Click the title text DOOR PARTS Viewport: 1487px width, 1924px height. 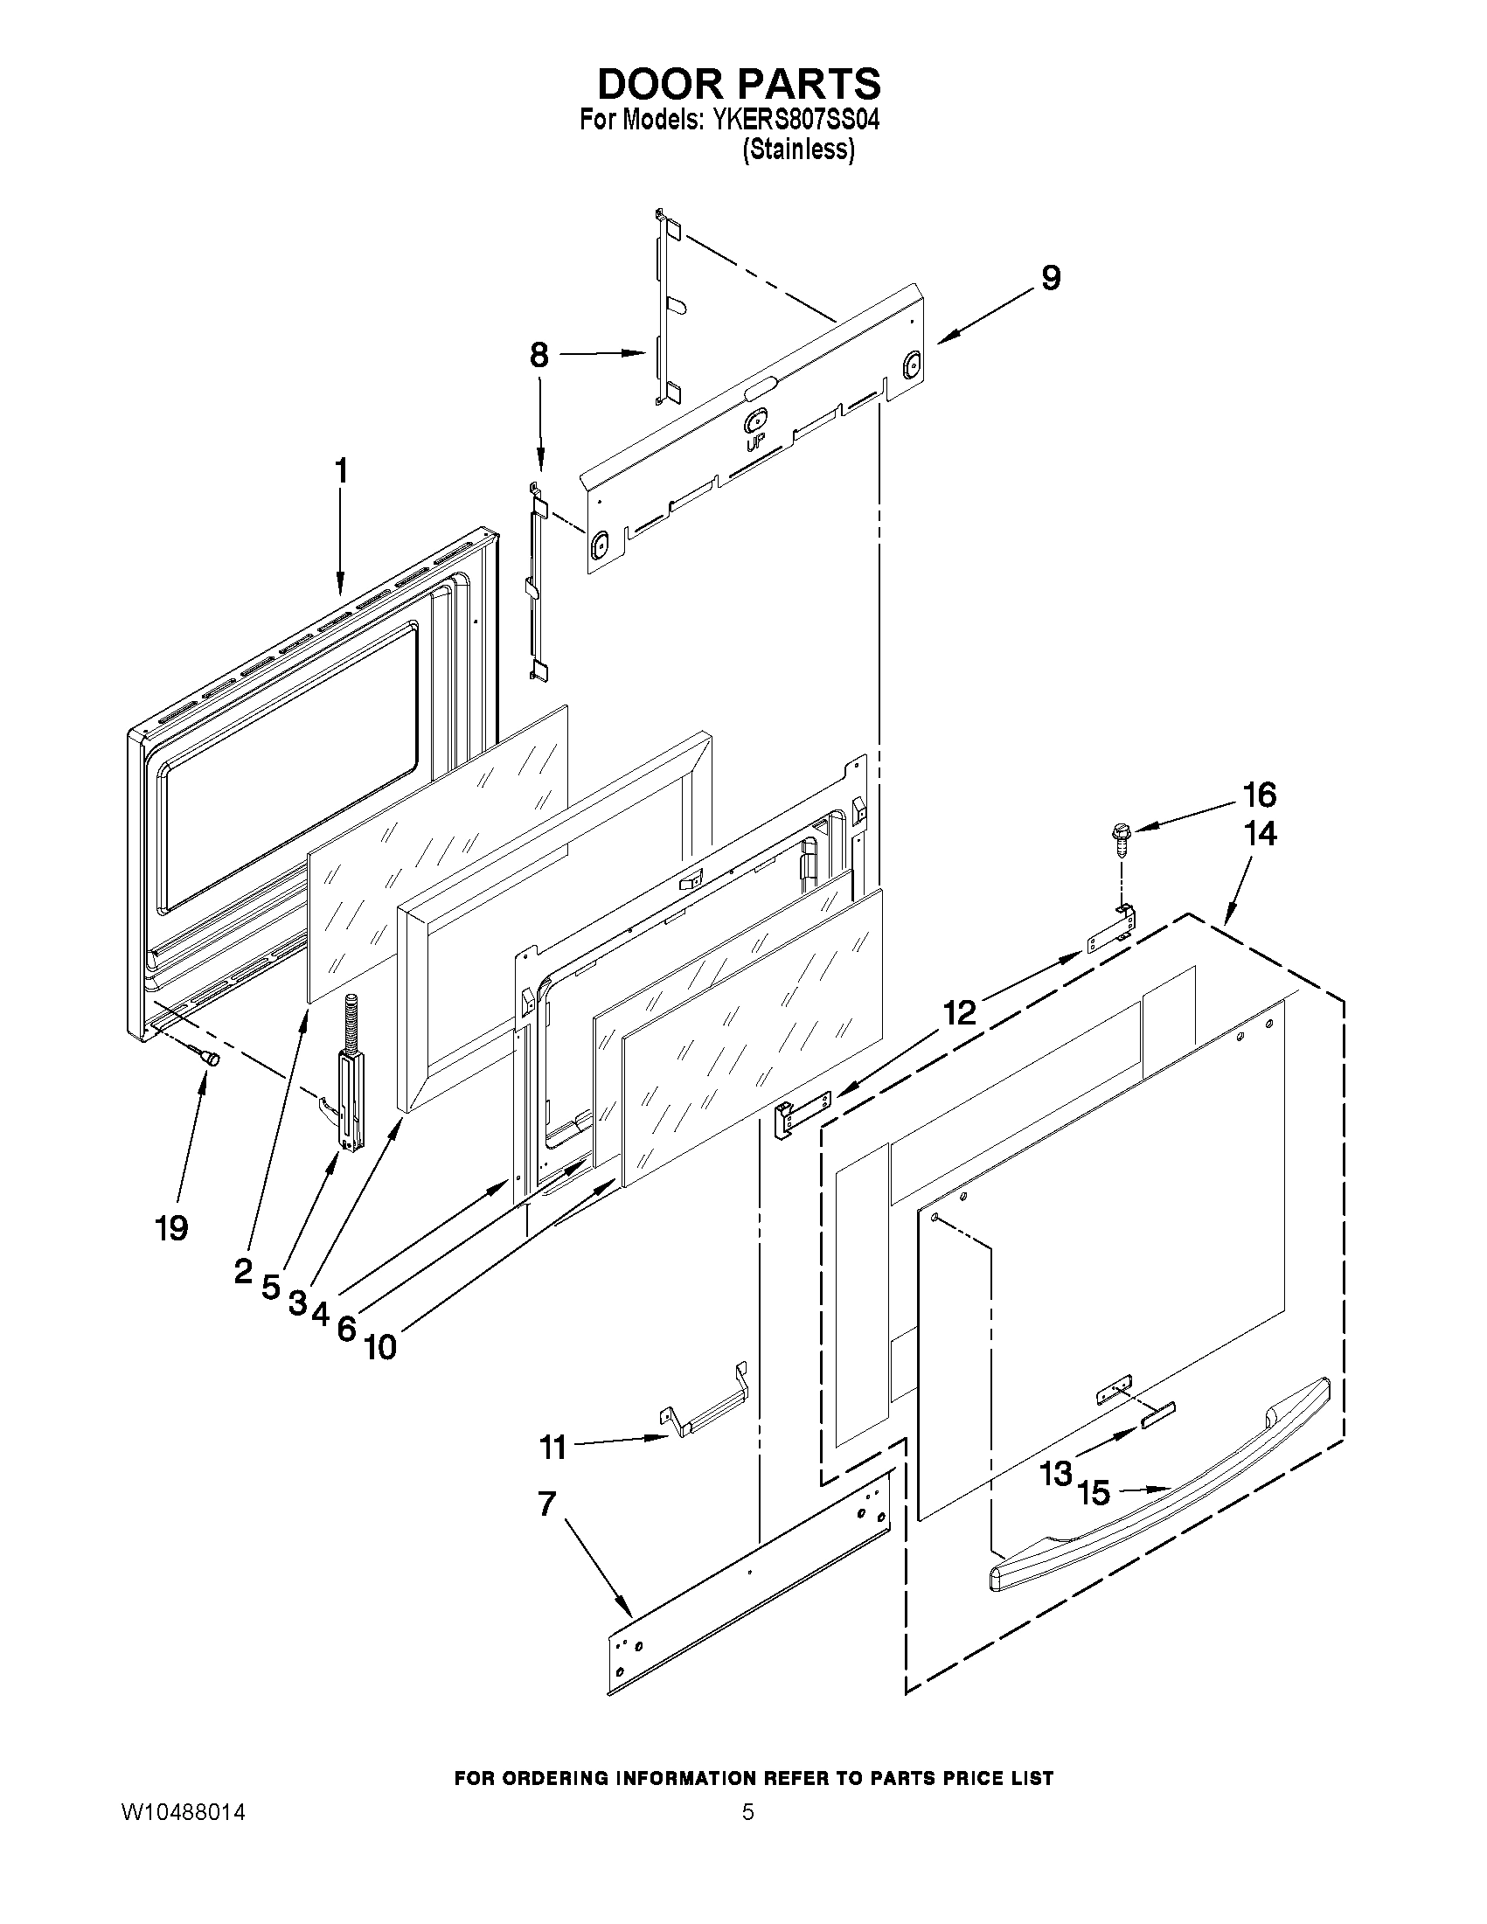pos(738,85)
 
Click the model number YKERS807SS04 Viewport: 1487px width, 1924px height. pos(790,121)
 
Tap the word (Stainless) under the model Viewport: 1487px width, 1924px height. pos(798,150)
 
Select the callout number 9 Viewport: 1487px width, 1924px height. pos(1050,278)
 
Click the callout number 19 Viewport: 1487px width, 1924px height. pos(172,1227)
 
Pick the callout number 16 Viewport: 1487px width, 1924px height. pos(1260,795)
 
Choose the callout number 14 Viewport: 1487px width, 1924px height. pos(1261,833)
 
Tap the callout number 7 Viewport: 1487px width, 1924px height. pos(547,1504)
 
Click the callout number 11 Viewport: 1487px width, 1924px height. pos(552,1447)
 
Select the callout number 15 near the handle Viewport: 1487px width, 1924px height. pos(1094,1492)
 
